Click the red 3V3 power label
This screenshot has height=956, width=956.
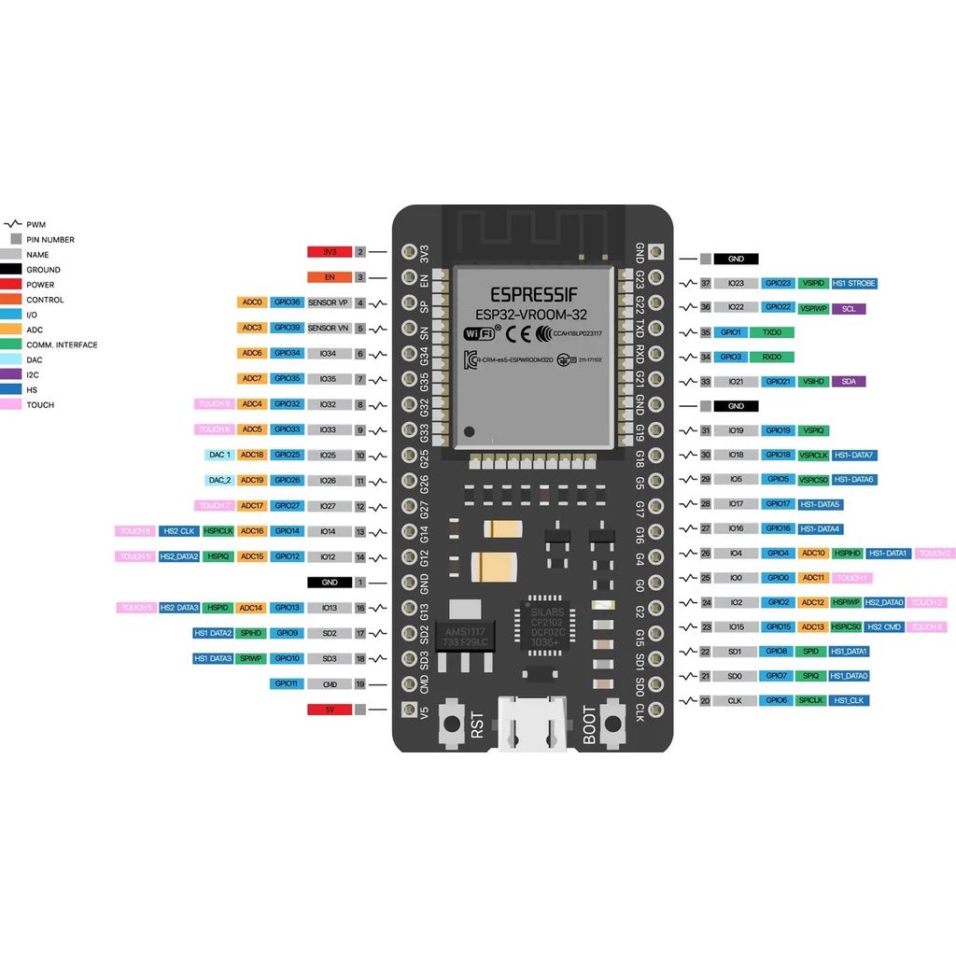[x=329, y=252]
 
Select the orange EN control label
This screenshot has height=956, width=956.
[x=329, y=277]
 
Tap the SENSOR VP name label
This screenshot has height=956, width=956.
[x=328, y=302]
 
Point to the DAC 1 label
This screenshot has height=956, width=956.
[x=220, y=455]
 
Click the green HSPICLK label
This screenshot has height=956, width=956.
[x=218, y=531]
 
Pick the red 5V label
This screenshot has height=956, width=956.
[x=329, y=710]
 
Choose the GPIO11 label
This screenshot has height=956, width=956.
[x=286, y=684]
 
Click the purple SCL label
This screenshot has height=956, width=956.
[x=849, y=308]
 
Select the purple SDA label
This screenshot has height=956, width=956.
[x=849, y=381]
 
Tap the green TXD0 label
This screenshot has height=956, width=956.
[x=772, y=332]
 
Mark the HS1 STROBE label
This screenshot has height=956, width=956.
[x=854, y=283]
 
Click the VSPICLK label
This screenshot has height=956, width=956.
[x=814, y=455]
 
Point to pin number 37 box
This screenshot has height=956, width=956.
[x=706, y=283]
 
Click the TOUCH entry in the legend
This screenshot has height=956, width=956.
[x=40, y=405]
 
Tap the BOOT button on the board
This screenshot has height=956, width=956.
[x=613, y=724]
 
